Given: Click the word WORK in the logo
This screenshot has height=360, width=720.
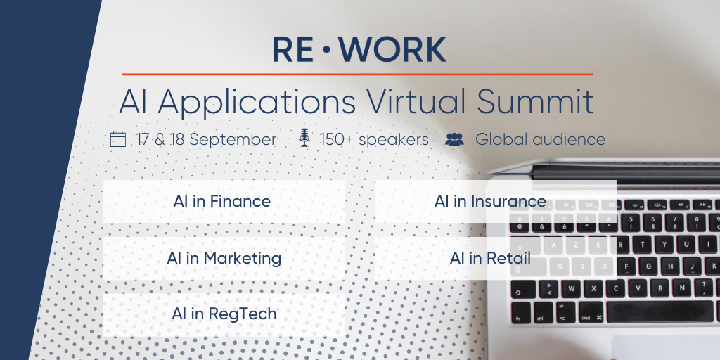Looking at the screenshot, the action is coord(392,49).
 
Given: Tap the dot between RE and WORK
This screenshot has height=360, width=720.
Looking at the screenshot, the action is coord(326,50).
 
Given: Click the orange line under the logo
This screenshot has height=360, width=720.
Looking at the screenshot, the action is coord(357,74).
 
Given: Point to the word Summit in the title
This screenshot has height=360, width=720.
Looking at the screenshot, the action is coord(535,101).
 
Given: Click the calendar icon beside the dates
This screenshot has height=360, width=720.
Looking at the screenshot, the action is coord(118,139).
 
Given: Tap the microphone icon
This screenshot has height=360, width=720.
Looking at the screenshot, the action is coord(304,138).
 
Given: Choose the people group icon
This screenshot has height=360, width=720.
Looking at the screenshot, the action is coord(455,139).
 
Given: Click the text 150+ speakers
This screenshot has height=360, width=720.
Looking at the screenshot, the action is coord(374,139).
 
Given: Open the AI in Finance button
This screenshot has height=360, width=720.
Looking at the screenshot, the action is coord(224,202).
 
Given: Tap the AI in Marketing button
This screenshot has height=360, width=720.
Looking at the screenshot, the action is coord(224,259).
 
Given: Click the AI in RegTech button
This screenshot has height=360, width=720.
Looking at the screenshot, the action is coord(224,315).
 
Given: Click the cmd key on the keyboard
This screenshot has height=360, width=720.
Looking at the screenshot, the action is coord(591,313).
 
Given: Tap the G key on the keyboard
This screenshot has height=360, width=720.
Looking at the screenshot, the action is coord(648,266).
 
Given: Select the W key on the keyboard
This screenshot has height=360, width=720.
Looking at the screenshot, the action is coord(571,289).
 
